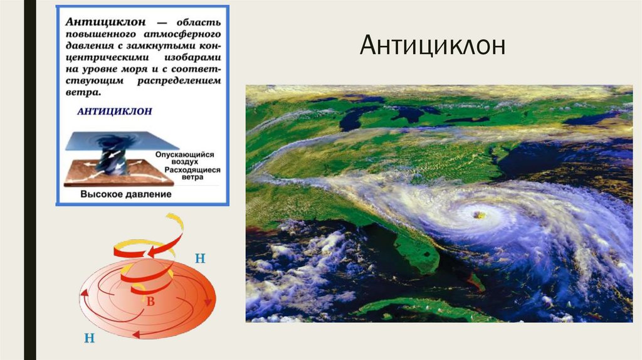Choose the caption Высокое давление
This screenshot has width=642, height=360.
click(x=125, y=194)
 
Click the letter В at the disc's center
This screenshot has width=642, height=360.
click(x=150, y=301)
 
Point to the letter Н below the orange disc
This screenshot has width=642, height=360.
click(x=89, y=339)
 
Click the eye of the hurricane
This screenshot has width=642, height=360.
click(x=478, y=214)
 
